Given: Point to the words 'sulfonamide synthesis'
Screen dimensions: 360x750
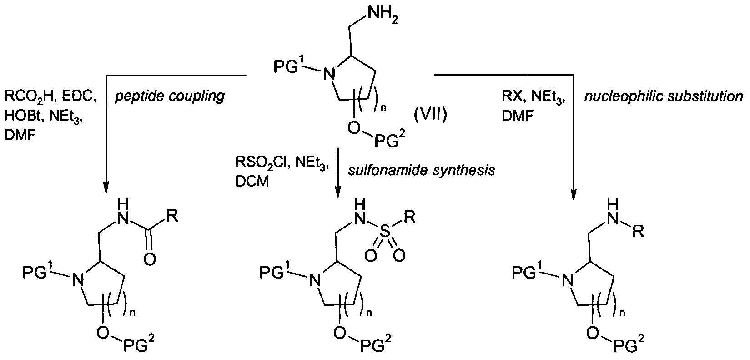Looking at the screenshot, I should pos(421,170).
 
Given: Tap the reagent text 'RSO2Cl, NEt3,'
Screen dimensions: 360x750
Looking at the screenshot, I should pos(282,163).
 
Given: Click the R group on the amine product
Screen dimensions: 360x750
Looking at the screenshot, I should pos(639,233).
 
